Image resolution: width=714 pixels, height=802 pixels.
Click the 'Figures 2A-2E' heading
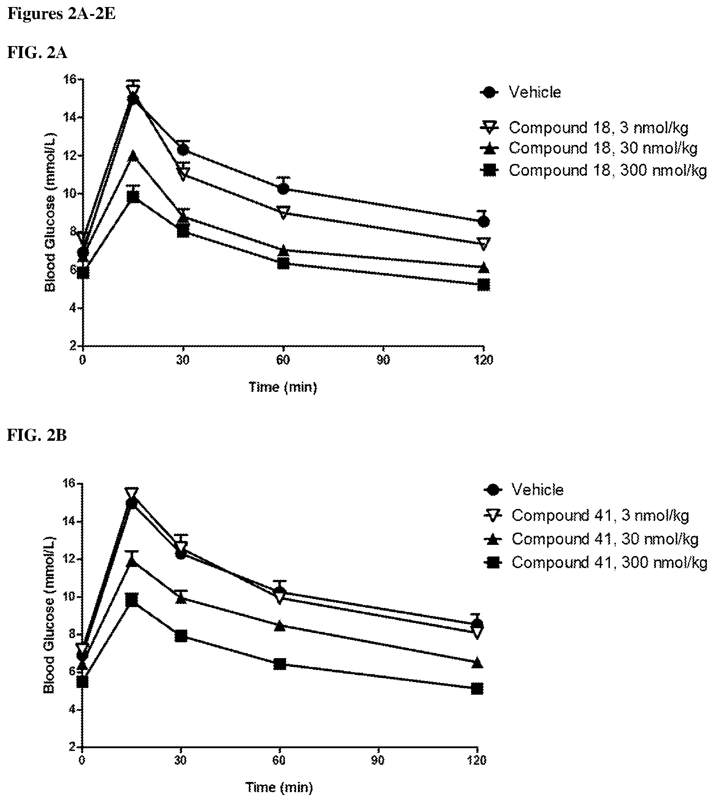point(62,14)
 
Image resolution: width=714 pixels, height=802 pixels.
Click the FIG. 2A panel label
point(37,52)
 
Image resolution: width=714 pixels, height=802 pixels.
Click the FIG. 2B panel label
point(37,435)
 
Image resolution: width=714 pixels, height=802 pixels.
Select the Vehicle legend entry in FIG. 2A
point(521,93)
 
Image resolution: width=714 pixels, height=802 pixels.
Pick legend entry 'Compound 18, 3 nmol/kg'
point(584,128)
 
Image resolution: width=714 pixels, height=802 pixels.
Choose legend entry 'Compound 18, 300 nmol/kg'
point(593,170)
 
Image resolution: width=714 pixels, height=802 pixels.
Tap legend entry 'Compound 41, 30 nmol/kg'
point(592,539)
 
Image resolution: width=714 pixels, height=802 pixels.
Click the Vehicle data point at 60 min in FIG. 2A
point(283,189)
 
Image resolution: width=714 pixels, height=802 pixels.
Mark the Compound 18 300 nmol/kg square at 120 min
point(484,285)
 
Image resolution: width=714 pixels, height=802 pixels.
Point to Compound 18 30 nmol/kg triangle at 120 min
point(484,268)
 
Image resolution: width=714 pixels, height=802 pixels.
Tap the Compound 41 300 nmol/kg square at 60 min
point(279,664)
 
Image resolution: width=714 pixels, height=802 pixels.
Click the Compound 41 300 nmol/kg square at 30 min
point(181,636)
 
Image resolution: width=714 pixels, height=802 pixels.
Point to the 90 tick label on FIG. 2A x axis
point(383,360)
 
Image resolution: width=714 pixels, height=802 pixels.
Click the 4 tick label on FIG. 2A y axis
point(72,308)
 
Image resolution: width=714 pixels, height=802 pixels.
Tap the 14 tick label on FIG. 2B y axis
point(70,521)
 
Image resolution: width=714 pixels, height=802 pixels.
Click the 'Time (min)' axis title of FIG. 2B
point(279,788)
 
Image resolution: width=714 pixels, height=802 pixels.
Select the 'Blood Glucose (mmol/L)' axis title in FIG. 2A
point(50,213)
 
